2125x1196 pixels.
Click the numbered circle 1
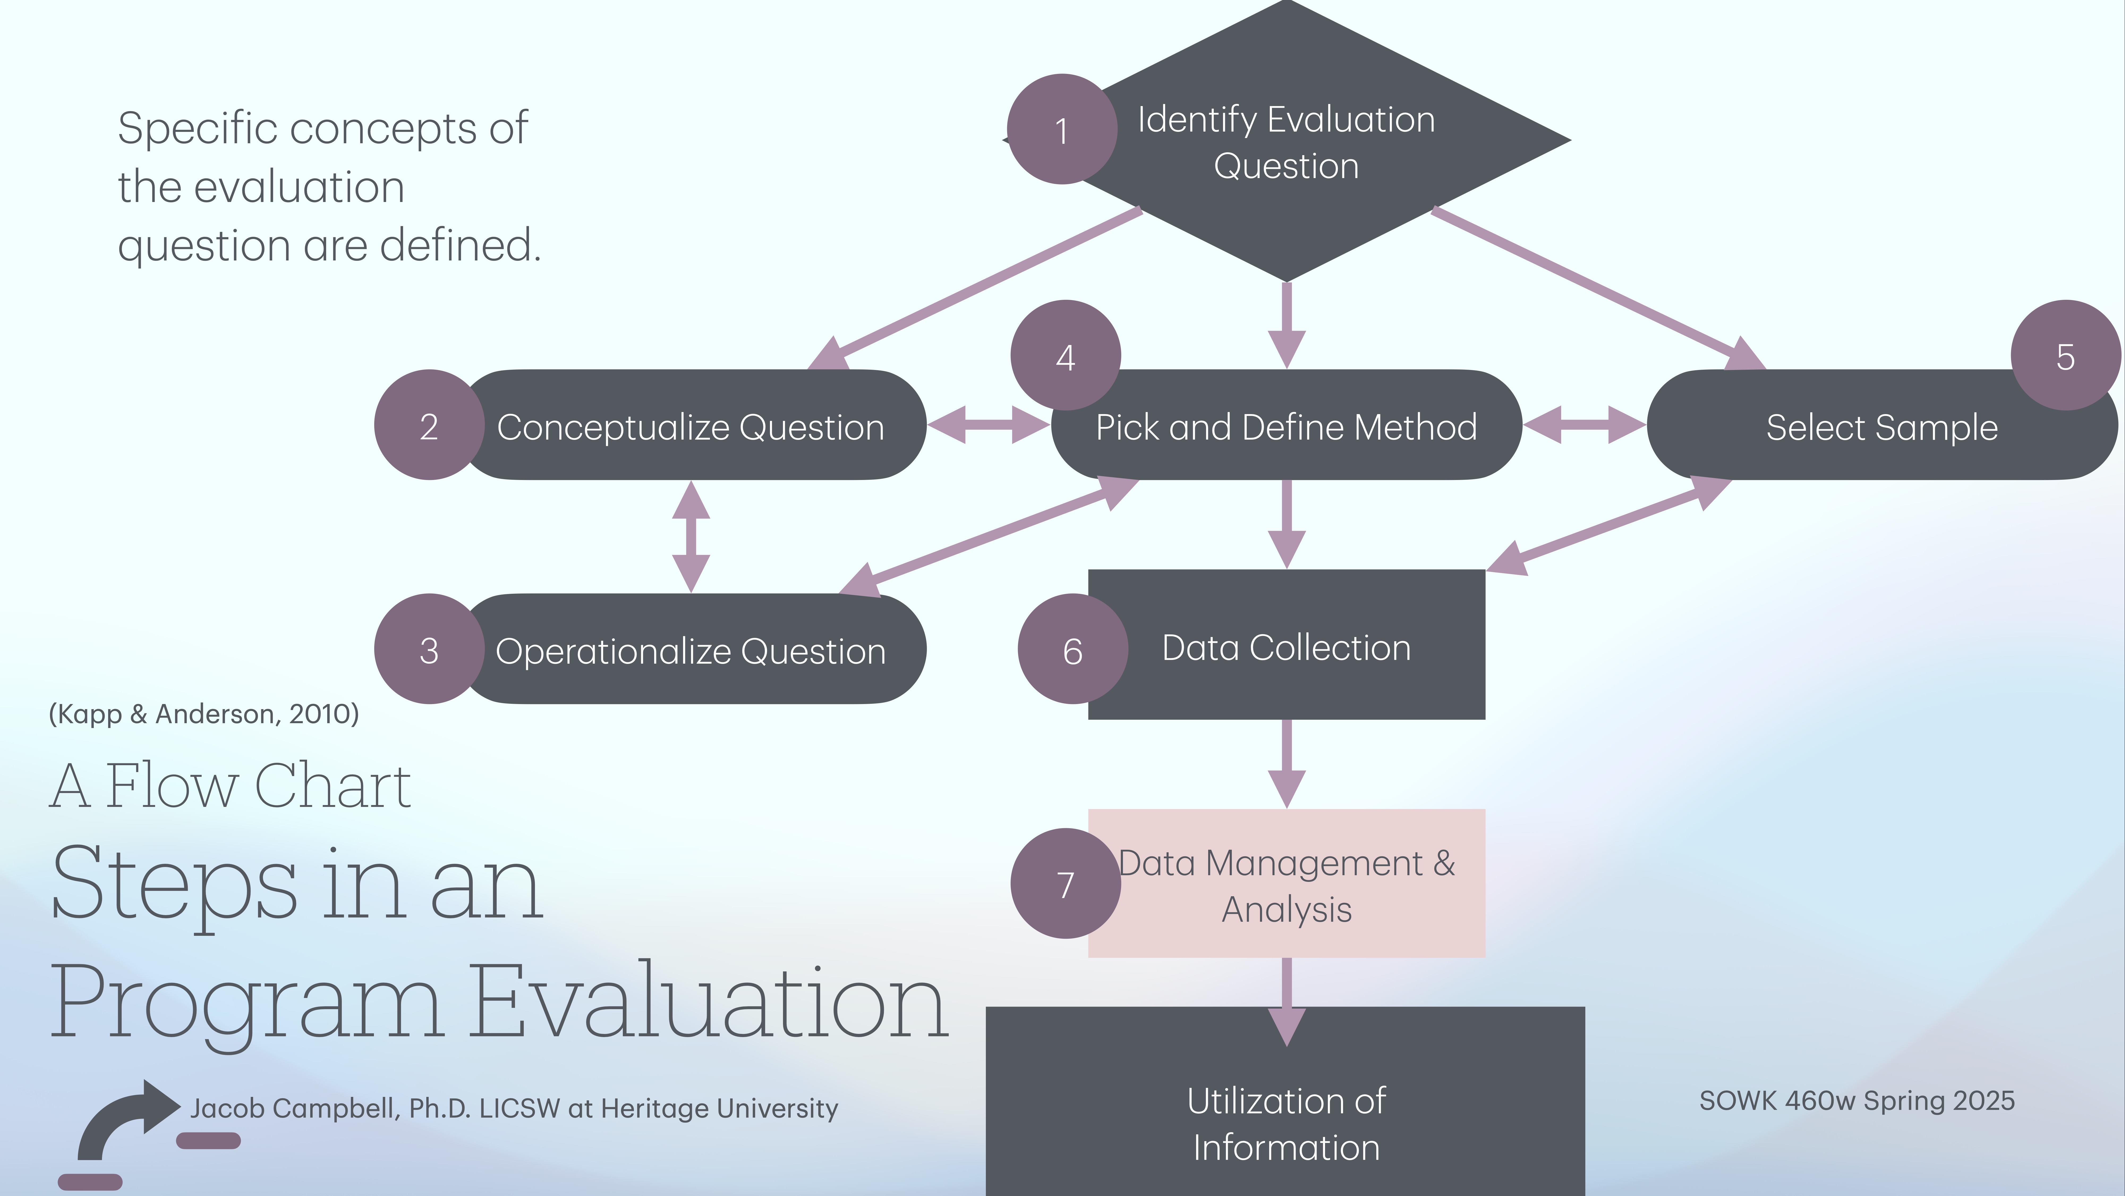pyautogui.click(x=1062, y=130)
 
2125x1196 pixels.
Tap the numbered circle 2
pyautogui.click(x=429, y=425)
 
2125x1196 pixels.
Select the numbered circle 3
pyautogui.click(x=429, y=650)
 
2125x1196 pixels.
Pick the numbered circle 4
pyautogui.click(x=1065, y=356)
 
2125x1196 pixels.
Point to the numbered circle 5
pyautogui.click(x=2065, y=356)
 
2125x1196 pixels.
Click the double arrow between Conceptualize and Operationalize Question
pyautogui.click(x=691, y=537)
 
